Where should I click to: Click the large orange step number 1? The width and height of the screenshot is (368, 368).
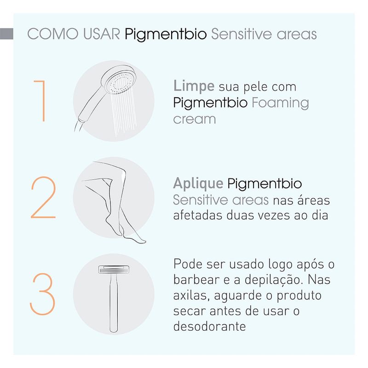[x=42, y=101]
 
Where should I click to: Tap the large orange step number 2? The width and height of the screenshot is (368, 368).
[x=43, y=198]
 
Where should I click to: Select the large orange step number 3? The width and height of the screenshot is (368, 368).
[x=42, y=294]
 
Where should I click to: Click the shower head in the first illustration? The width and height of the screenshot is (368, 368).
[x=119, y=80]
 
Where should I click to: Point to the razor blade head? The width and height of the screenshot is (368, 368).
[x=114, y=270]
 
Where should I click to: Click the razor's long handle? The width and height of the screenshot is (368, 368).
[x=114, y=303]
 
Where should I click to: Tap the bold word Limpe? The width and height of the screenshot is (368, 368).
[x=194, y=86]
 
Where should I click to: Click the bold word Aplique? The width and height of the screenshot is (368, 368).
[x=198, y=184]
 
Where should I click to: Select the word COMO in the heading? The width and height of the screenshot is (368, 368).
[x=53, y=34]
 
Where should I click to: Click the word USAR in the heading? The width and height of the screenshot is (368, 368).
[x=102, y=34]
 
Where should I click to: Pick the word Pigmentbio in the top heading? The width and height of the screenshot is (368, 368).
[x=166, y=34]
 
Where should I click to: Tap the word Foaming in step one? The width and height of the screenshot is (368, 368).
[x=280, y=103]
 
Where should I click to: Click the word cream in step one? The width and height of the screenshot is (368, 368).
[x=195, y=119]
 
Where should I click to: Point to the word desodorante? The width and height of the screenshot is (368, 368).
[x=210, y=326]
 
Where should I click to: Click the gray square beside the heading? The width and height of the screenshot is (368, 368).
[x=6, y=34]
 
